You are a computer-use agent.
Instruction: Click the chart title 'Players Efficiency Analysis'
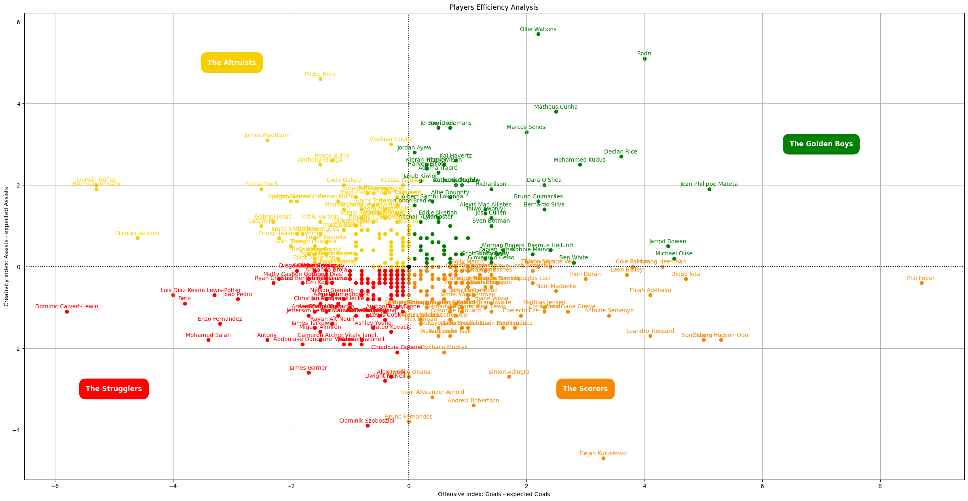tap(494, 7)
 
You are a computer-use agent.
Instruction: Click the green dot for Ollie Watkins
tap(538, 34)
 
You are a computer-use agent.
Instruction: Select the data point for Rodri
tap(645, 59)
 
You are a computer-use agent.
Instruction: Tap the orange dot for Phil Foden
tap(922, 283)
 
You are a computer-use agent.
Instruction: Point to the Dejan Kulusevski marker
tap(603, 458)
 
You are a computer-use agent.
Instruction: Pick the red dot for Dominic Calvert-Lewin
tap(67, 312)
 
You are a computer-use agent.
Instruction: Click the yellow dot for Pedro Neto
tap(320, 79)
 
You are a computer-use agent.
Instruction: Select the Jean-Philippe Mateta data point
tap(709, 189)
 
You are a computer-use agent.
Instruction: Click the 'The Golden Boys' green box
tap(821, 144)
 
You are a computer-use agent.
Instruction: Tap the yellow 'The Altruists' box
tap(231, 63)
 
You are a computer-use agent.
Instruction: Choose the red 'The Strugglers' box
tap(114, 389)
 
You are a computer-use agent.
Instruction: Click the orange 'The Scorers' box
tap(585, 389)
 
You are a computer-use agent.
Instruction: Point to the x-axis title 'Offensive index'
tap(494, 494)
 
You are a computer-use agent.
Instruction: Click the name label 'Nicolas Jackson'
tap(137, 233)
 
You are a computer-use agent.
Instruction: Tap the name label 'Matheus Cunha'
tap(556, 107)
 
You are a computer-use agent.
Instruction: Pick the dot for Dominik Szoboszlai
tap(368, 425)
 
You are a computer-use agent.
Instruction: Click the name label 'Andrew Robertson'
tap(473, 400)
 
